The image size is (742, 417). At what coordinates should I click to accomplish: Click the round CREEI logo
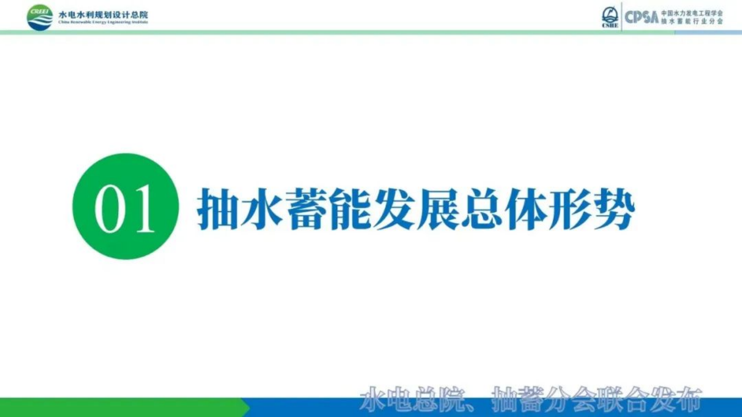40,17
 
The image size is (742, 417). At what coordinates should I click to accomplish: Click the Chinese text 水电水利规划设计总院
103,14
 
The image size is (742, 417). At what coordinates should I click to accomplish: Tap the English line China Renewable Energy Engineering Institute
103,23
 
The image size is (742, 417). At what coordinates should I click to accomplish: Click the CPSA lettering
641,17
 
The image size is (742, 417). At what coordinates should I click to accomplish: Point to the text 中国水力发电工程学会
691,12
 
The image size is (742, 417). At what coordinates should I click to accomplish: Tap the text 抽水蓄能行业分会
691,21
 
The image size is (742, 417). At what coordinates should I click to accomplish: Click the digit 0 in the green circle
109,208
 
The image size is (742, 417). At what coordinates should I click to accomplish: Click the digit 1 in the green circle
143,208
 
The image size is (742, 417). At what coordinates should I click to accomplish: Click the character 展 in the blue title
437,209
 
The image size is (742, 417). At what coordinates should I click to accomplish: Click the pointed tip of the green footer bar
249,407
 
